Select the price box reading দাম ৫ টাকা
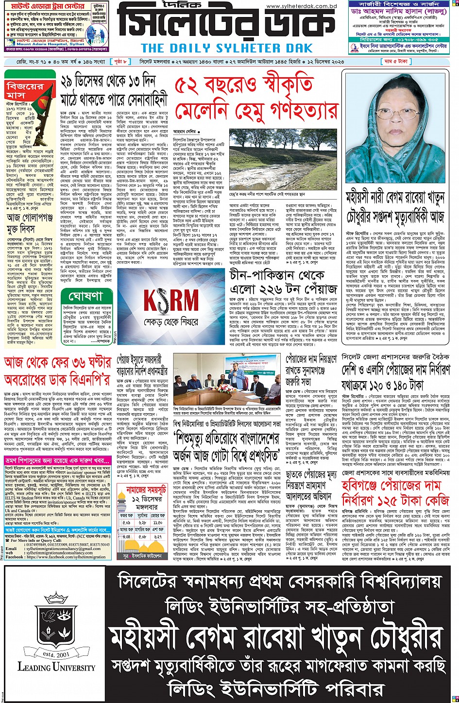[x=436, y=62]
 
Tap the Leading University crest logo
[x=56, y=626]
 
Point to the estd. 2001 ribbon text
[x=56, y=654]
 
